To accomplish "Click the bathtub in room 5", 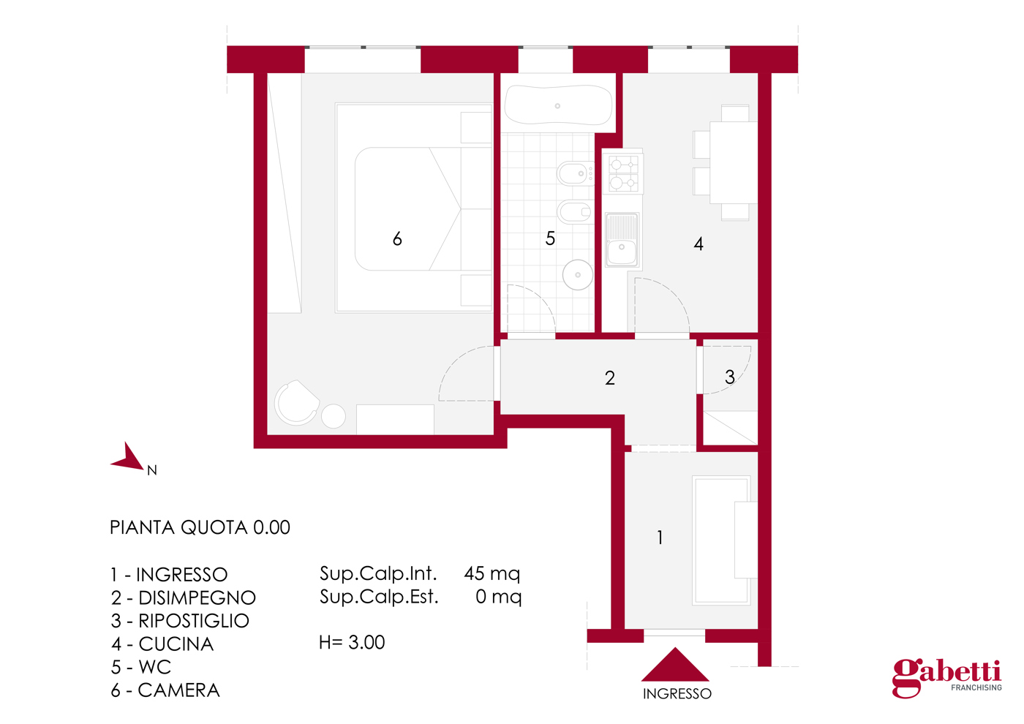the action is (x=558, y=105).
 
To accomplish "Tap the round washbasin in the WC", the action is (x=577, y=275).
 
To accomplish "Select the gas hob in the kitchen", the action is (x=623, y=173).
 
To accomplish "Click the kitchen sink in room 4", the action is (x=622, y=240).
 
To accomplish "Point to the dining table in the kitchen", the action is (x=733, y=162).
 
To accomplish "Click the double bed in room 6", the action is (x=414, y=208).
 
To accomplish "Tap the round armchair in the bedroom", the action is (x=297, y=403).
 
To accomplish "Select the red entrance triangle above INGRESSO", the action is (x=675, y=664).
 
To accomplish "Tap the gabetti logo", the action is (x=947, y=679).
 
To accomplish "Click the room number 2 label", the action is (x=610, y=378).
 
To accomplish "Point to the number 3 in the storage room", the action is (x=730, y=377).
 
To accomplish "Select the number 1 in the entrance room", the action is (x=660, y=538).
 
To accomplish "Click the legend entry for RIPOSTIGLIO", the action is (x=180, y=621).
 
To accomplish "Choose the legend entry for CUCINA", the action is (x=162, y=644).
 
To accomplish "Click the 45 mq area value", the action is (x=492, y=574).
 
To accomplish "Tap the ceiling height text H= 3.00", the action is (x=352, y=642).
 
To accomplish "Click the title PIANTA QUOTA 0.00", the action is (x=200, y=527).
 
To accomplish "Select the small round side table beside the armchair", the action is (x=334, y=416).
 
